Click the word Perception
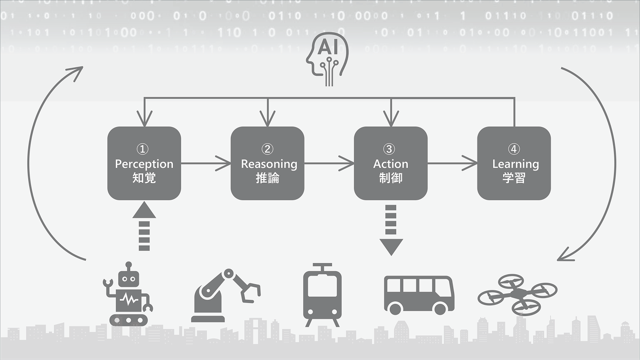pyautogui.click(x=144, y=164)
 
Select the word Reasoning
pyautogui.click(x=269, y=164)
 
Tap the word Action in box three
pyautogui.click(x=391, y=164)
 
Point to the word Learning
pyautogui.click(x=516, y=164)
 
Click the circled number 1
pyautogui.click(x=142, y=149)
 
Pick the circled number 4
pyautogui.click(x=514, y=149)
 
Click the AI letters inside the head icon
pyautogui.click(x=327, y=47)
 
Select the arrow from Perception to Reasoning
pyautogui.click(x=206, y=163)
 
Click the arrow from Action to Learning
pyautogui.click(x=452, y=163)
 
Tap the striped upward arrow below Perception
pyautogui.click(x=144, y=226)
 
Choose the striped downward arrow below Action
pyautogui.click(x=391, y=230)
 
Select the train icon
pyautogui.click(x=322, y=295)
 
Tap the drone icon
pyautogui.click(x=517, y=294)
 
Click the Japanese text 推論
pyautogui.click(x=267, y=178)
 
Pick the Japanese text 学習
pyautogui.click(x=514, y=178)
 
